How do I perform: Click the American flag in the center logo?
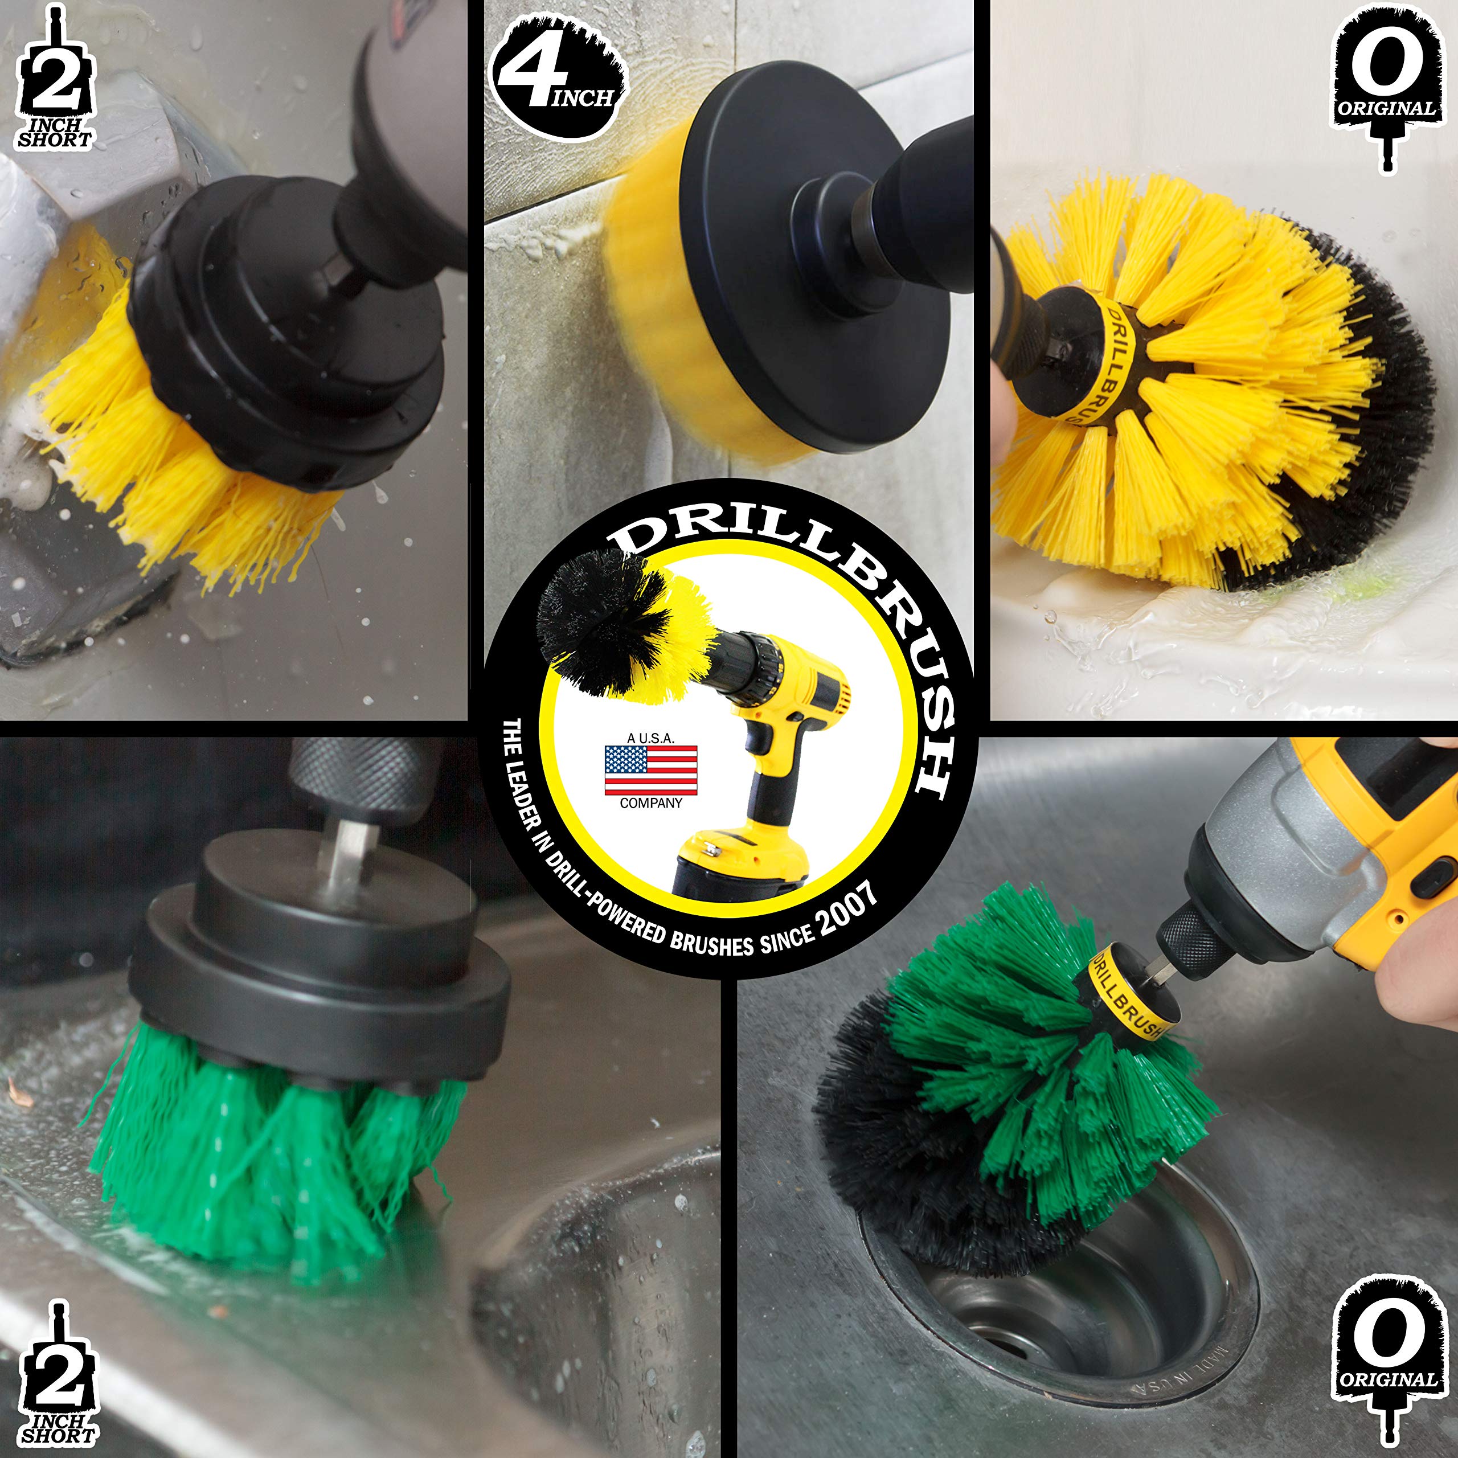tap(650, 771)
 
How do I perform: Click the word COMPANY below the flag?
tap(650, 804)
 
